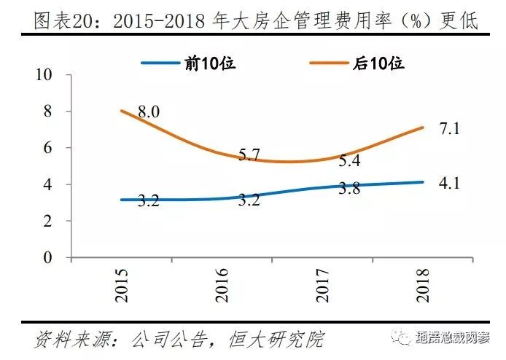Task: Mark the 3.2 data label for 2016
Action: click(x=249, y=199)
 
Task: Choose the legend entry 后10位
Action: click(x=378, y=63)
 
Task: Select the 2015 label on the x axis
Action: click(x=122, y=286)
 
